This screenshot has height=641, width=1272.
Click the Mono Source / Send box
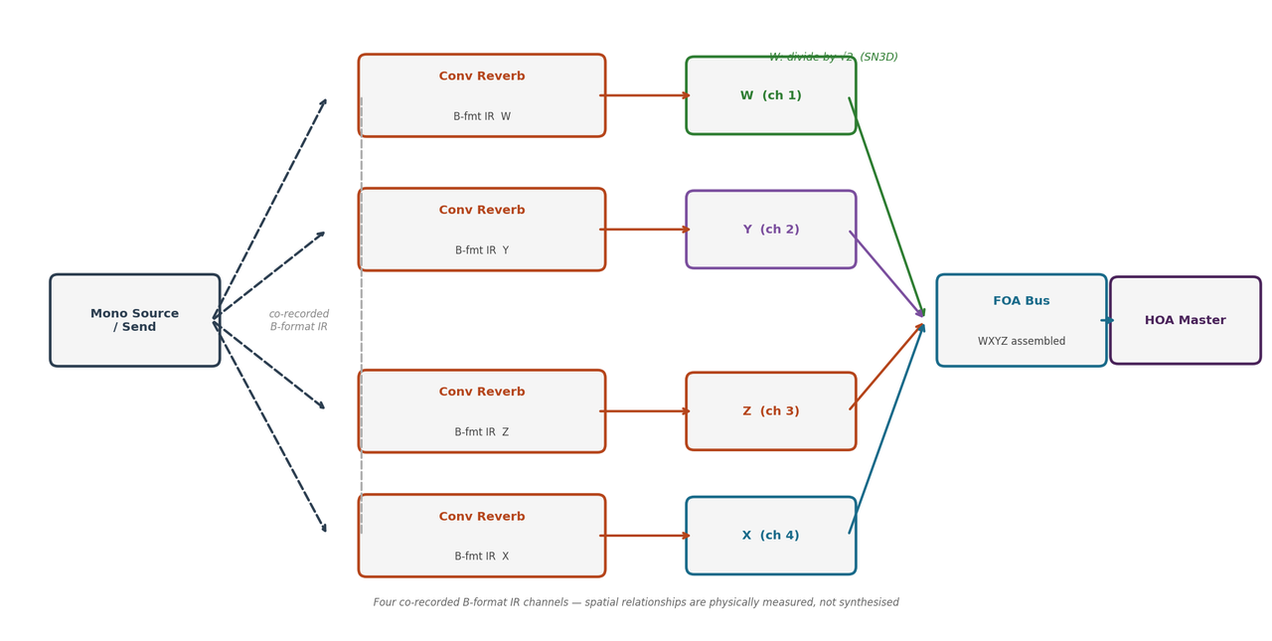(x=135, y=320)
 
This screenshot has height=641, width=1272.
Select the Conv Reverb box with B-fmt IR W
(x=482, y=95)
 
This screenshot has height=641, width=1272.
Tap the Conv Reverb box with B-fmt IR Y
(x=482, y=230)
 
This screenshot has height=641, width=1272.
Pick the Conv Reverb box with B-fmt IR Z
(x=482, y=411)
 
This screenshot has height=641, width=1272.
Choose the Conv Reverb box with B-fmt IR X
(x=482, y=536)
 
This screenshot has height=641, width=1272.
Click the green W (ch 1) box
(x=770, y=95)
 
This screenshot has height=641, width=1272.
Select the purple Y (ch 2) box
(x=770, y=230)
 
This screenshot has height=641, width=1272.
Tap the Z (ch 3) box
(x=770, y=411)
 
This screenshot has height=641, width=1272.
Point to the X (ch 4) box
(x=770, y=536)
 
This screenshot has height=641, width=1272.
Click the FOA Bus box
(x=1021, y=320)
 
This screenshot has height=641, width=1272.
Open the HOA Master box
(x=1185, y=320)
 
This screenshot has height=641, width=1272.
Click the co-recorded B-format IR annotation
(x=299, y=320)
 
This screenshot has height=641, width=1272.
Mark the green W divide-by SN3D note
(x=833, y=57)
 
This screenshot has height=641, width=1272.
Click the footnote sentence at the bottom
(x=636, y=602)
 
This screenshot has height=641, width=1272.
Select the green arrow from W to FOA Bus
(x=886, y=206)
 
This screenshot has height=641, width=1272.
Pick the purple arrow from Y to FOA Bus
(x=886, y=273)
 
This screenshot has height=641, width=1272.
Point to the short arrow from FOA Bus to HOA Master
(x=1107, y=320)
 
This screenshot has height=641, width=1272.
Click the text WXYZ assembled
(x=1021, y=341)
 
